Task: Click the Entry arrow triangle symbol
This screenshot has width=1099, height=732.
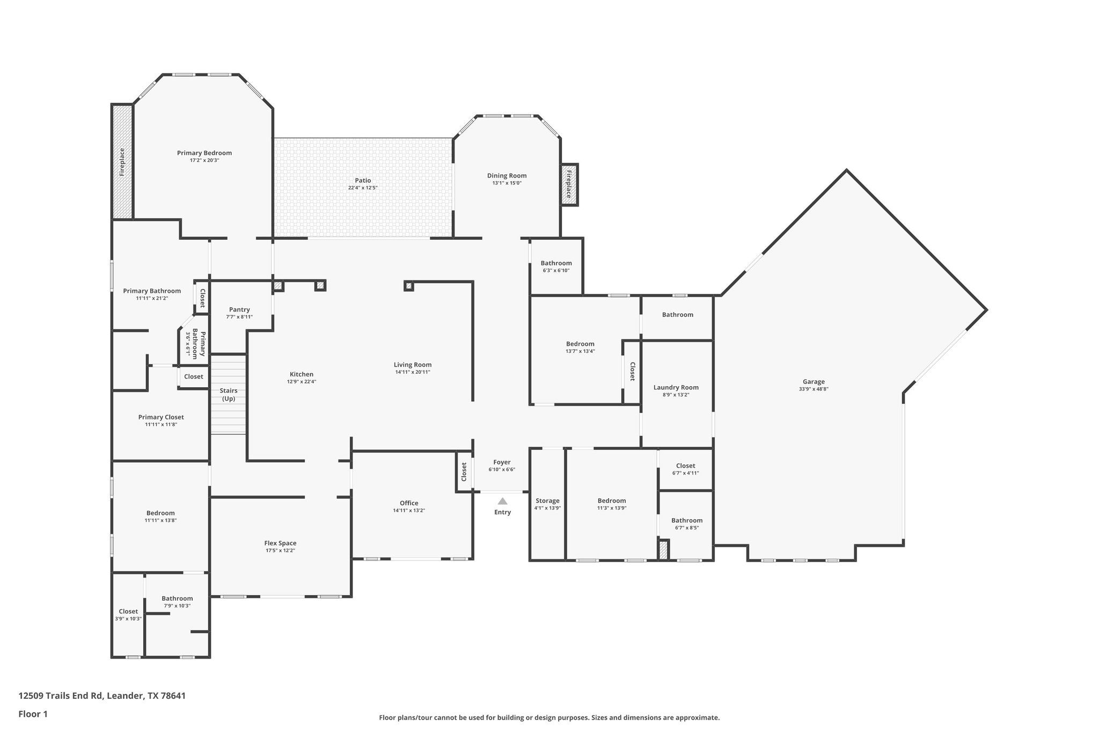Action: coord(502,501)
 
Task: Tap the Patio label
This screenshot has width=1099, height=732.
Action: coord(363,181)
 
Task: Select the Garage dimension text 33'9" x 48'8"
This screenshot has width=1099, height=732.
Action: coord(814,389)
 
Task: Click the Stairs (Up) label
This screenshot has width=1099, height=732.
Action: coord(229,395)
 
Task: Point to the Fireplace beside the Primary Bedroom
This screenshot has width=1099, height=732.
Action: coord(122,162)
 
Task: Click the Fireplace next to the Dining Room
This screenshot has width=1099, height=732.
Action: coord(569,184)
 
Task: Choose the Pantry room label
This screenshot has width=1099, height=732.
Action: coord(239,309)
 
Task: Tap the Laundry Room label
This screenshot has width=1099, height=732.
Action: coord(676,387)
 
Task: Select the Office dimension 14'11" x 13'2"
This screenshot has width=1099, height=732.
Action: coord(409,511)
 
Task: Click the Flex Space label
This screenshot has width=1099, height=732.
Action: coord(280,543)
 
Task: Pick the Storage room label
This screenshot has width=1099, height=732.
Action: coord(547,501)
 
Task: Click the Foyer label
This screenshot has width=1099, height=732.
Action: coord(502,462)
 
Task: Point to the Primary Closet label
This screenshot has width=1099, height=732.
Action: coord(161,417)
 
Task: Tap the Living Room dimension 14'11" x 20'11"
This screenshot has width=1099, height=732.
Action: coord(413,372)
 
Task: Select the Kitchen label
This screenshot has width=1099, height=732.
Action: coord(302,374)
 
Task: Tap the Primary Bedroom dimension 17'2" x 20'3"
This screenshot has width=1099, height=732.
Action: coord(204,160)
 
